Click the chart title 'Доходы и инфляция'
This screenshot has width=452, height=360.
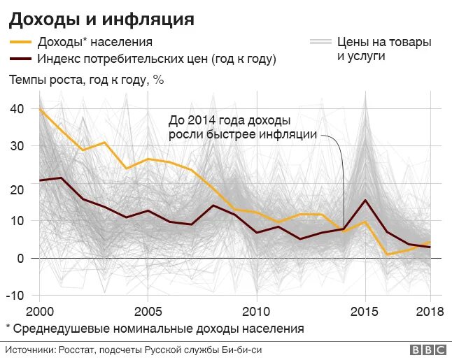101,18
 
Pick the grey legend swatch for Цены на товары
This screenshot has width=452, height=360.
320,42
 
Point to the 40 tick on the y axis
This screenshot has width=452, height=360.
17,108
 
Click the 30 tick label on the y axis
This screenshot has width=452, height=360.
17,145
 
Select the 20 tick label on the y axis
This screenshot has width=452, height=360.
17,189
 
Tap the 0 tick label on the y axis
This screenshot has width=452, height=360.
21,258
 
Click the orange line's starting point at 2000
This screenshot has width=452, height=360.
40,110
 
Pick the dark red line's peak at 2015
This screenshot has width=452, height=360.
365,201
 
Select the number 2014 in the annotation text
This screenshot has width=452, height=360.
202,120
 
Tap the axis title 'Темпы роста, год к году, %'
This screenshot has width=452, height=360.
86,80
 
